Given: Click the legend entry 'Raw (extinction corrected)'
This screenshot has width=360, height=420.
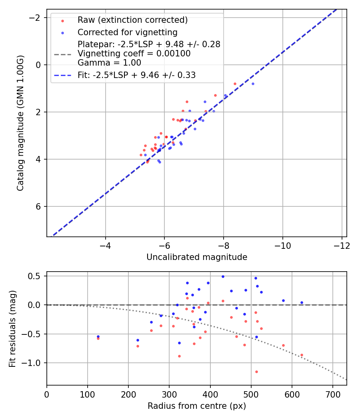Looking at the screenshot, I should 132,20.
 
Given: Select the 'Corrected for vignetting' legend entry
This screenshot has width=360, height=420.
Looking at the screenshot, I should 127,32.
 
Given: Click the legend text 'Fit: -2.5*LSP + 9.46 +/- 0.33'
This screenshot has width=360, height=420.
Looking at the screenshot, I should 136,75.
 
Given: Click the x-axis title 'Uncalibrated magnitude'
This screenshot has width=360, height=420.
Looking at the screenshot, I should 197,257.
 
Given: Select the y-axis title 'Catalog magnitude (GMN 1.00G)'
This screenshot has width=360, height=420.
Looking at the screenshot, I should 21,123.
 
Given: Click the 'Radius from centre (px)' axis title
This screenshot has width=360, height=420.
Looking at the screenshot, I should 197,406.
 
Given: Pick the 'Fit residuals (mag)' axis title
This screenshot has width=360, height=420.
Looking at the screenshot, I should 13,328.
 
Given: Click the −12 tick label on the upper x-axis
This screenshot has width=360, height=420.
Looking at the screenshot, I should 341,245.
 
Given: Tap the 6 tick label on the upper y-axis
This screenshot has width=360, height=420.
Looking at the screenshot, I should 38,206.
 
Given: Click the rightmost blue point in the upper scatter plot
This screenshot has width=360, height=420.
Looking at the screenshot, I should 253,84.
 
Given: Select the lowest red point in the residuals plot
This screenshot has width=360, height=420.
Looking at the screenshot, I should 256,372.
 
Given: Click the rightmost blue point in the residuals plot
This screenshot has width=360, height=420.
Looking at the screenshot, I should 302,302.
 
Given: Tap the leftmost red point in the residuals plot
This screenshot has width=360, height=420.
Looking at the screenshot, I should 98,338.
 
